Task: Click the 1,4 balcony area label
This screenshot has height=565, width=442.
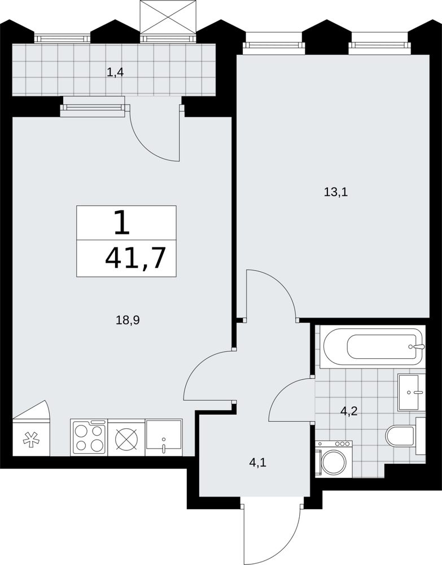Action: coord(115,72)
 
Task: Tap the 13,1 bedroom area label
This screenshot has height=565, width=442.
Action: coord(336,192)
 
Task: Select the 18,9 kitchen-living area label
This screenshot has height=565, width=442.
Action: coord(128,320)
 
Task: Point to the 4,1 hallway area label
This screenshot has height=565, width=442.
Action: coord(258,462)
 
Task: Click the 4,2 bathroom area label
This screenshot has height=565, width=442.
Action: coord(348,411)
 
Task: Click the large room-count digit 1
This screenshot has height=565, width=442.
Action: coord(122,223)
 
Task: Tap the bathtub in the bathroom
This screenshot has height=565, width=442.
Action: coord(373,347)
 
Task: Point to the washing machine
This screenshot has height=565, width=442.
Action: coord(334,459)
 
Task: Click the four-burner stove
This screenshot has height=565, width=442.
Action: coord(89,437)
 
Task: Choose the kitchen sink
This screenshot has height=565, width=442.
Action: coord(163,437)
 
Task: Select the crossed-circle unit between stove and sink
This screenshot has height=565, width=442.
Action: coord(126,437)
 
